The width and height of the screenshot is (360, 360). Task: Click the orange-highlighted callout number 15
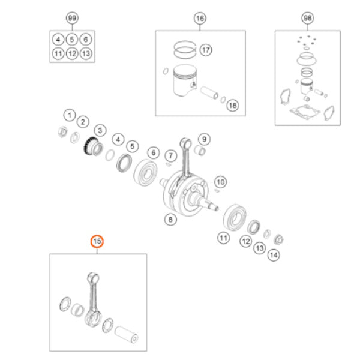[x=97, y=241]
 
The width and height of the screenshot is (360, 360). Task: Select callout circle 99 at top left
[x=72, y=18]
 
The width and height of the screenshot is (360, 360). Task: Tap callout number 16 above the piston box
[x=200, y=18]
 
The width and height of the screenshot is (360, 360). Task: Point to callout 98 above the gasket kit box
[x=308, y=18]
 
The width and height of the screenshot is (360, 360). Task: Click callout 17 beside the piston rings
[x=206, y=50]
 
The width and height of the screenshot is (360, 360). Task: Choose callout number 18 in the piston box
[x=233, y=106]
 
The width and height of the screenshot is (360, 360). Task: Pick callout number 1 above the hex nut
[x=70, y=115]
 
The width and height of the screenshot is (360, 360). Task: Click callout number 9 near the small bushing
[x=204, y=139]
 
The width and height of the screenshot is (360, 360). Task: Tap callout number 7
[x=170, y=155]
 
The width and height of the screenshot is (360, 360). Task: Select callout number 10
[x=220, y=182]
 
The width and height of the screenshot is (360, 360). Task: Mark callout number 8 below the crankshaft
[x=170, y=220]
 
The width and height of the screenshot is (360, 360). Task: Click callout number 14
[x=274, y=255]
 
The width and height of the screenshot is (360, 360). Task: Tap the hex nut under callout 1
[x=62, y=131]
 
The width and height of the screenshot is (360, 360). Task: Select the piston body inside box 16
[x=185, y=80]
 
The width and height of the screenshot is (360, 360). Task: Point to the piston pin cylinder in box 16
[x=209, y=92]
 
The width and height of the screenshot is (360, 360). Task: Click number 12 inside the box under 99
[x=72, y=54]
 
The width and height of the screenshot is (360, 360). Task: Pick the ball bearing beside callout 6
[x=146, y=172]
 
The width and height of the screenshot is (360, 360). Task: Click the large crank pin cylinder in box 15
[x=127, y=334]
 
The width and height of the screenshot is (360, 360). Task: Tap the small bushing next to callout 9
[x=200, y=151]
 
